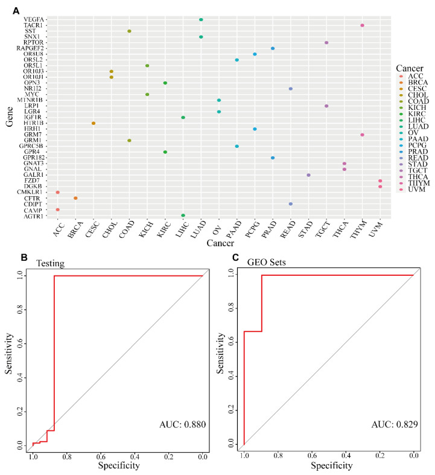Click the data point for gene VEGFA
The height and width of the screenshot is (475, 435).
point(201,19)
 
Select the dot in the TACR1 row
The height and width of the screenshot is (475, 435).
point(362,25)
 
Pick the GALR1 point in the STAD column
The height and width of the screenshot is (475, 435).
point(308,175)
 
